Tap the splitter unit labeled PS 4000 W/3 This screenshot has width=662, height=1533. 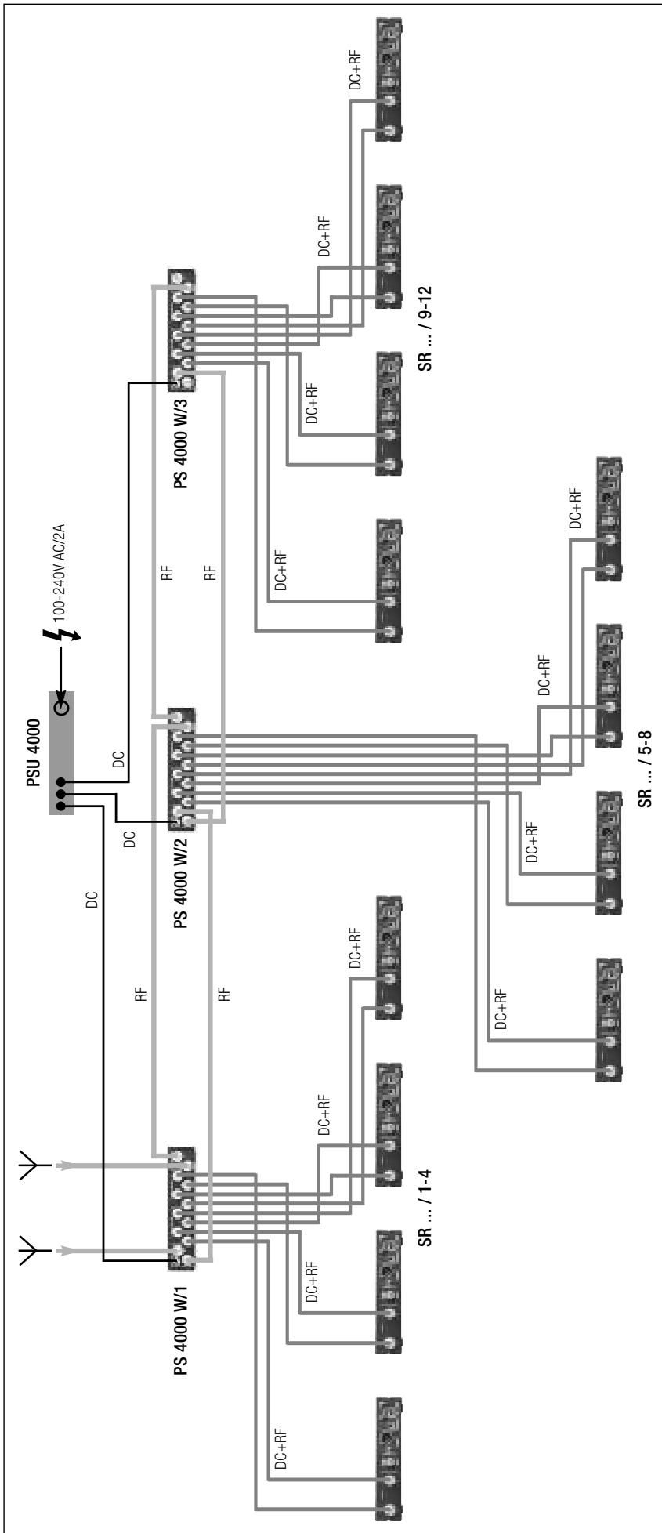(182, 329)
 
